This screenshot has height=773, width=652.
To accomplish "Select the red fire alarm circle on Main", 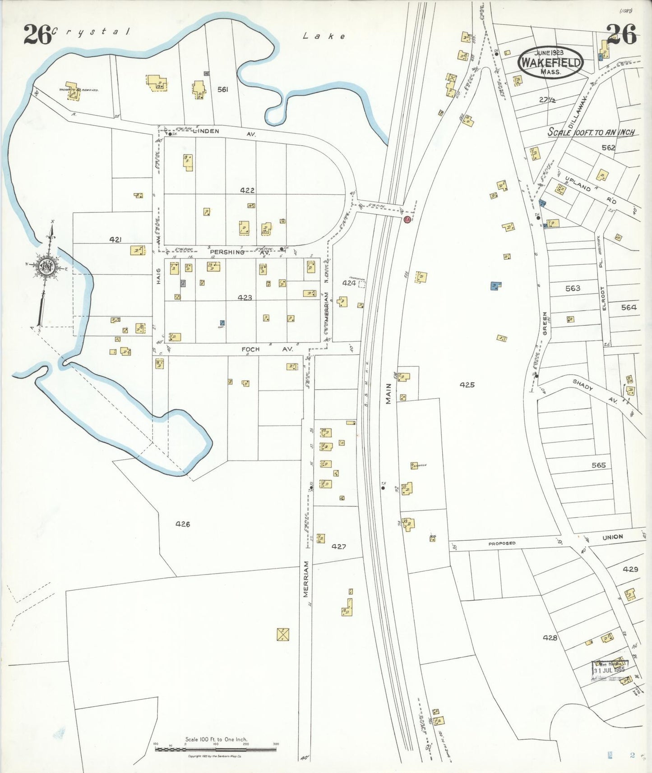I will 407,220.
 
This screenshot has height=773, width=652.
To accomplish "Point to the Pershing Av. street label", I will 239,253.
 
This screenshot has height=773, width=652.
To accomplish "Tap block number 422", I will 247,190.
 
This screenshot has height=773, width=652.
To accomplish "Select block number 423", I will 245,298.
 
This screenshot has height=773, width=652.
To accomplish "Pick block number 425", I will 467,385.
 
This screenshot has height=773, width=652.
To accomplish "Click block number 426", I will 183,524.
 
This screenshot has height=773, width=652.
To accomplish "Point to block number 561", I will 222,89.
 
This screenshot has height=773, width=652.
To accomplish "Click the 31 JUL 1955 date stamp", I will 610,669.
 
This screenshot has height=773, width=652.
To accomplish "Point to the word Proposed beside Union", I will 502,543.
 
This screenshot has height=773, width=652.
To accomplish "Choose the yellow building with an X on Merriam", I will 283,635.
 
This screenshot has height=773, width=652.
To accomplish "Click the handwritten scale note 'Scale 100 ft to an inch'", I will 591,132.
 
